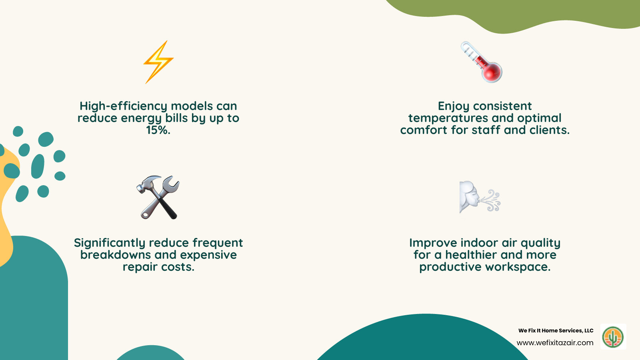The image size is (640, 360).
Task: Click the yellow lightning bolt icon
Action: pyautogui.click(x=158, y=62)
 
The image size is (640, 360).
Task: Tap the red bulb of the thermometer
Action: pyautogui.click(x=492, y=72)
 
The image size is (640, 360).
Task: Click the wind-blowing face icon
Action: pyautogui.click(x=479, y=197)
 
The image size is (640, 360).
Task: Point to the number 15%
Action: pyautogui.click(x=158, y=130)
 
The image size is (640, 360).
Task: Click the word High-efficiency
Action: pyautogui.click(x=123, y=106)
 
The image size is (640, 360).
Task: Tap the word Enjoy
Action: pyautogui.click(x=454, y=106)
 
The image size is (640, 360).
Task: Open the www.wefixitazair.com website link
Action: pyautogui.click(x=555, y=343)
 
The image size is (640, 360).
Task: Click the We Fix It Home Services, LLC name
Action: pyautogui.click(x=556, y=330)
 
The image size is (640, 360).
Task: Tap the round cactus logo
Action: pyautogui.click(x=613, y=337)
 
